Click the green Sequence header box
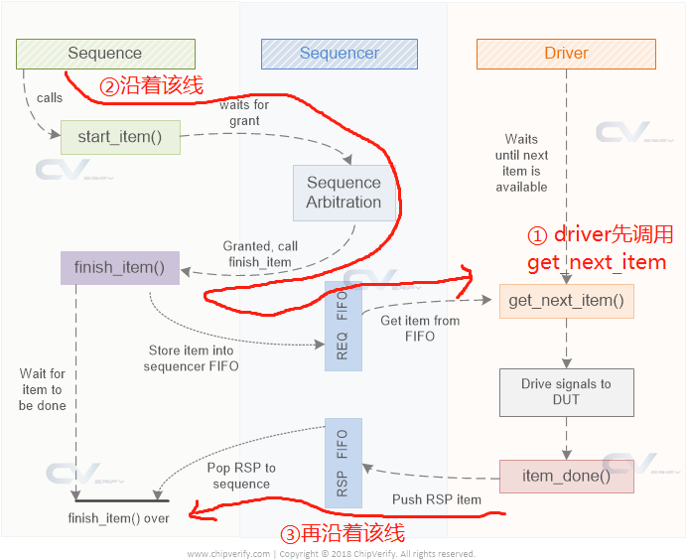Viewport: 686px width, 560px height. [105, 54]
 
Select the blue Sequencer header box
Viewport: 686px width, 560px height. [339, 54]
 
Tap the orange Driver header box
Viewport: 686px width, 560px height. [566, 54]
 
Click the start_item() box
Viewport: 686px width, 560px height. [120, 137]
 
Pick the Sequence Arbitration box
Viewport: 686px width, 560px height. [343, 193]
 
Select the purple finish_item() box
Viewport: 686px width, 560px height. [119, 268]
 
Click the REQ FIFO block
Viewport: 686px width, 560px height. [343, 326]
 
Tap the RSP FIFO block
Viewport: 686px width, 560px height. [343, 464]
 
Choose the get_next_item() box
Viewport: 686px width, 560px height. [566, 300]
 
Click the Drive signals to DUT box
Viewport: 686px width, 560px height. [566, 391]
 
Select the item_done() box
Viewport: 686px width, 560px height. [566, 476]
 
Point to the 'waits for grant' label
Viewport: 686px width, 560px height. [244, 113]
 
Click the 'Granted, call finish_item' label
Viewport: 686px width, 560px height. [259, 254]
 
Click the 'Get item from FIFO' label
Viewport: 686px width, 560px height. [420, 328]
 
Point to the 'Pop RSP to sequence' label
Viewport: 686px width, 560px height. [241, 476]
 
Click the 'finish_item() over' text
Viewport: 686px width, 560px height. [119, 517]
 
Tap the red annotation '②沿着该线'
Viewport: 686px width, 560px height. [151, 86]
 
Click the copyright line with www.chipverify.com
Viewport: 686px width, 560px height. [331, 553]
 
